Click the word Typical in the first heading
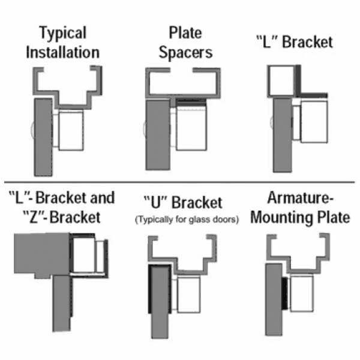pyautogui.click(x=63, y=34)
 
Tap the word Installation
pyautogui.click(x=62, y=53)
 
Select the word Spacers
pyautogui.click(x=185, y=53)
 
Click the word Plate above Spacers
pyautogui.click(x=185, y=33)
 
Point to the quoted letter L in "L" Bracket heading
pyautogui.click(x=266, y=42)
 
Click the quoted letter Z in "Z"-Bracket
pyautogui.click(x=33, y=217)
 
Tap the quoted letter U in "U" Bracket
pyautogui.click(x=156, y=203)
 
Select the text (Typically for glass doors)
pyautogui.click(x=187, y=220)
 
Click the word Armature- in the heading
pyautogui.click(x=301, y=198)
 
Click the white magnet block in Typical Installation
pyautogui.click(x=71, y=130)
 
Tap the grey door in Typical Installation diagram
pyautogui.click(x=43, y=137)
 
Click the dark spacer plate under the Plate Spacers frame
pyautogui.click(x=191, y=102)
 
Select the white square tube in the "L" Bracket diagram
pyautogui.click(x=281, y=80)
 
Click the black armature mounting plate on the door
pyautogui.click(x=284, y=293)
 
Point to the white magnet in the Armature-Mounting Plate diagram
pyautogui.click(x=302, y=293)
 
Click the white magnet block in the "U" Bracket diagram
pyautogui.click(x=189, y=295)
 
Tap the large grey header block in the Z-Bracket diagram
pyautogui.click(x=42, y=253)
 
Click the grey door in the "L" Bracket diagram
pyautogui.click(x=283, y=135)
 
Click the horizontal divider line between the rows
pyautogui.click(x=179, y=182)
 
